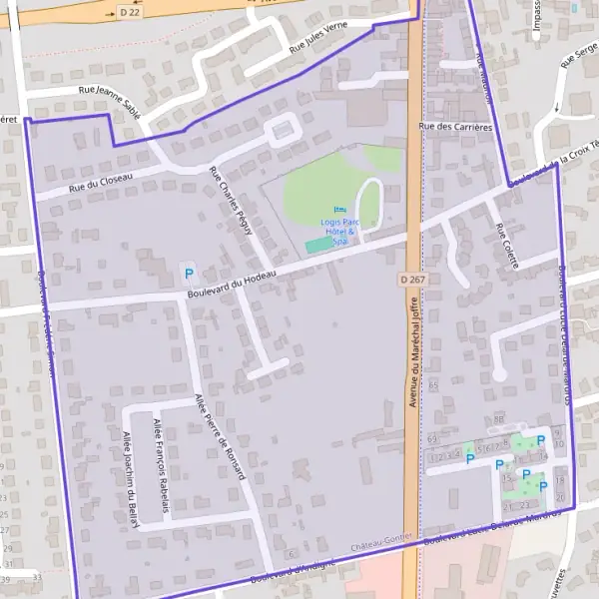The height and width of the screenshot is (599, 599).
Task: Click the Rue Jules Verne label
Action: tap(316, 39)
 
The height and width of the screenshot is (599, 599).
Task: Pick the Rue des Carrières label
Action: tap(455, 127)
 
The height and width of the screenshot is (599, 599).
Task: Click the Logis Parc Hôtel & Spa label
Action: tap(337, 230)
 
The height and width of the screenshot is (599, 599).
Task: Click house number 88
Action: tap(498, 418)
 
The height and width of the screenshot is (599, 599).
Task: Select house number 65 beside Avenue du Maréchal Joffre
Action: tap(432, 384)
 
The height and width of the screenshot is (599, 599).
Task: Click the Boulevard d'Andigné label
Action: tap(293, 569)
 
